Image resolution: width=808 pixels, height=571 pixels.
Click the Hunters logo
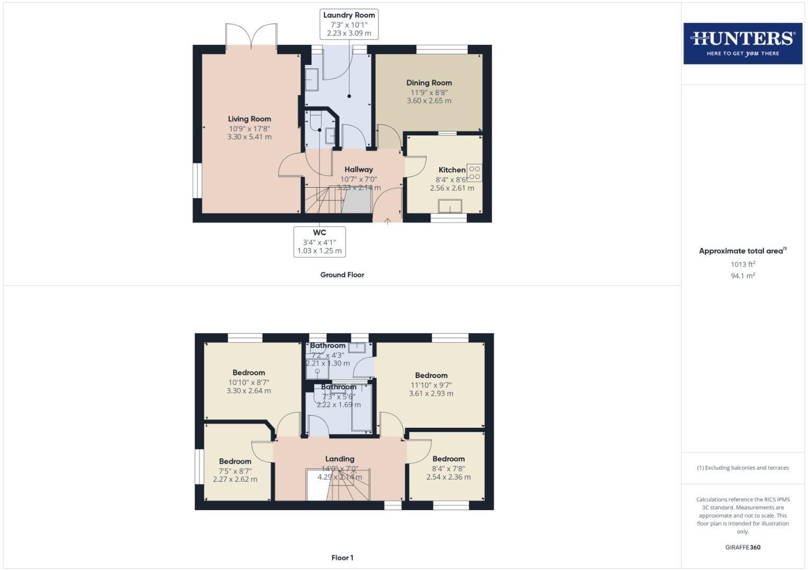[x=742, y=43]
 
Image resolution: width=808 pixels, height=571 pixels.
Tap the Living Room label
[x=249, y=119]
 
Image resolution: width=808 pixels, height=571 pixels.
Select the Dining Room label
[x=429, y=82]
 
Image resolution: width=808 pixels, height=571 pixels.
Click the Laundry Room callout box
[x=349, y=24]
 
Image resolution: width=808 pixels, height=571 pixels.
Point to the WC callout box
[x=319, y=242]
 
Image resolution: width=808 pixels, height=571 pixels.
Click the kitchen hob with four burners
[x=474, y=173]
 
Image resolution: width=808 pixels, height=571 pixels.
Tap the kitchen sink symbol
[x=450, y=206]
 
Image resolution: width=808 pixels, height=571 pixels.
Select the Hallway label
[x=358, y=170]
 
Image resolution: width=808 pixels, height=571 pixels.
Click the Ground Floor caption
[x=342, y=275]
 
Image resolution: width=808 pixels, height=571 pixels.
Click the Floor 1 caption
[x=342, y=558]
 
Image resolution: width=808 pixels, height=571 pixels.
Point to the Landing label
[x=340, y=459]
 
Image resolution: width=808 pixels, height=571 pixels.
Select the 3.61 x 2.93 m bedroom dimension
[x=431, y=393]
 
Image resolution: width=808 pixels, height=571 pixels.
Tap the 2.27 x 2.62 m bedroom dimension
[x=235, y=480]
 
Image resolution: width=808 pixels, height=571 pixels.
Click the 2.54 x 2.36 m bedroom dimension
[x=448, y=477]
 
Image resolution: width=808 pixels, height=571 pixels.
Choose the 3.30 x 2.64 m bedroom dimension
[x=248, y=391]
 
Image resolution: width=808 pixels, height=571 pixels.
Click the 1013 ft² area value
[x=742, y=264]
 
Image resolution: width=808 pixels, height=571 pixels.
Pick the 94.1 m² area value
[x=742, y=275]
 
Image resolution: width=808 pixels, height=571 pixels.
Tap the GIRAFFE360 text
[x=742, y=547]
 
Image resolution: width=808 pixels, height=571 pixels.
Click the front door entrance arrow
[x=387, y=221]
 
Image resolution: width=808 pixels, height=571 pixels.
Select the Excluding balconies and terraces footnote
[x=742, y=468]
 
